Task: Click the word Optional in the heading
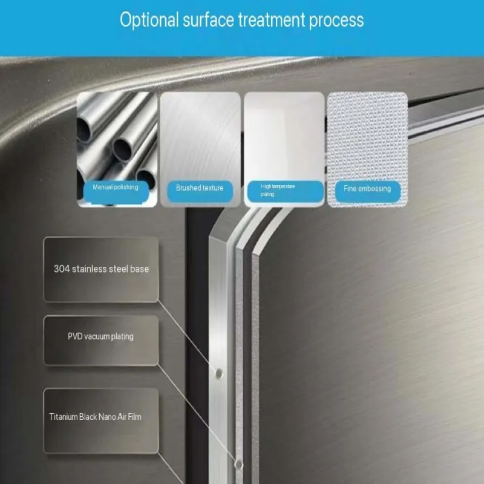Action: coord(149,20)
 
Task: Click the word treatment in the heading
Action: coord(272,20)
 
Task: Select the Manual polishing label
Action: coord(116,192)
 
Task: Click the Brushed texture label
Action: coord(200,191)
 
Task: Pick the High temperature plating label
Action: coord(285,191)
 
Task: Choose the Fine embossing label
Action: coord(368,191)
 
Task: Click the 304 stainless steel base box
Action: coord(101,269)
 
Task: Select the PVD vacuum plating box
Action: coord(101,340)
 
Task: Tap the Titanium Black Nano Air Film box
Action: coord(101,420)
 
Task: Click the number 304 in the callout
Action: coord(62,269)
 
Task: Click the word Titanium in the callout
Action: coord(64,417)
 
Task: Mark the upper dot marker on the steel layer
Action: coord(219,373)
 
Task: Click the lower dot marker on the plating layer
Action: coord(238,463)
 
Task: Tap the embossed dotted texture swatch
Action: coord(368,136)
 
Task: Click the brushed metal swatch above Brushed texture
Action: coord(200,136)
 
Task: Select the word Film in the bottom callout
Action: coord(134,417)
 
